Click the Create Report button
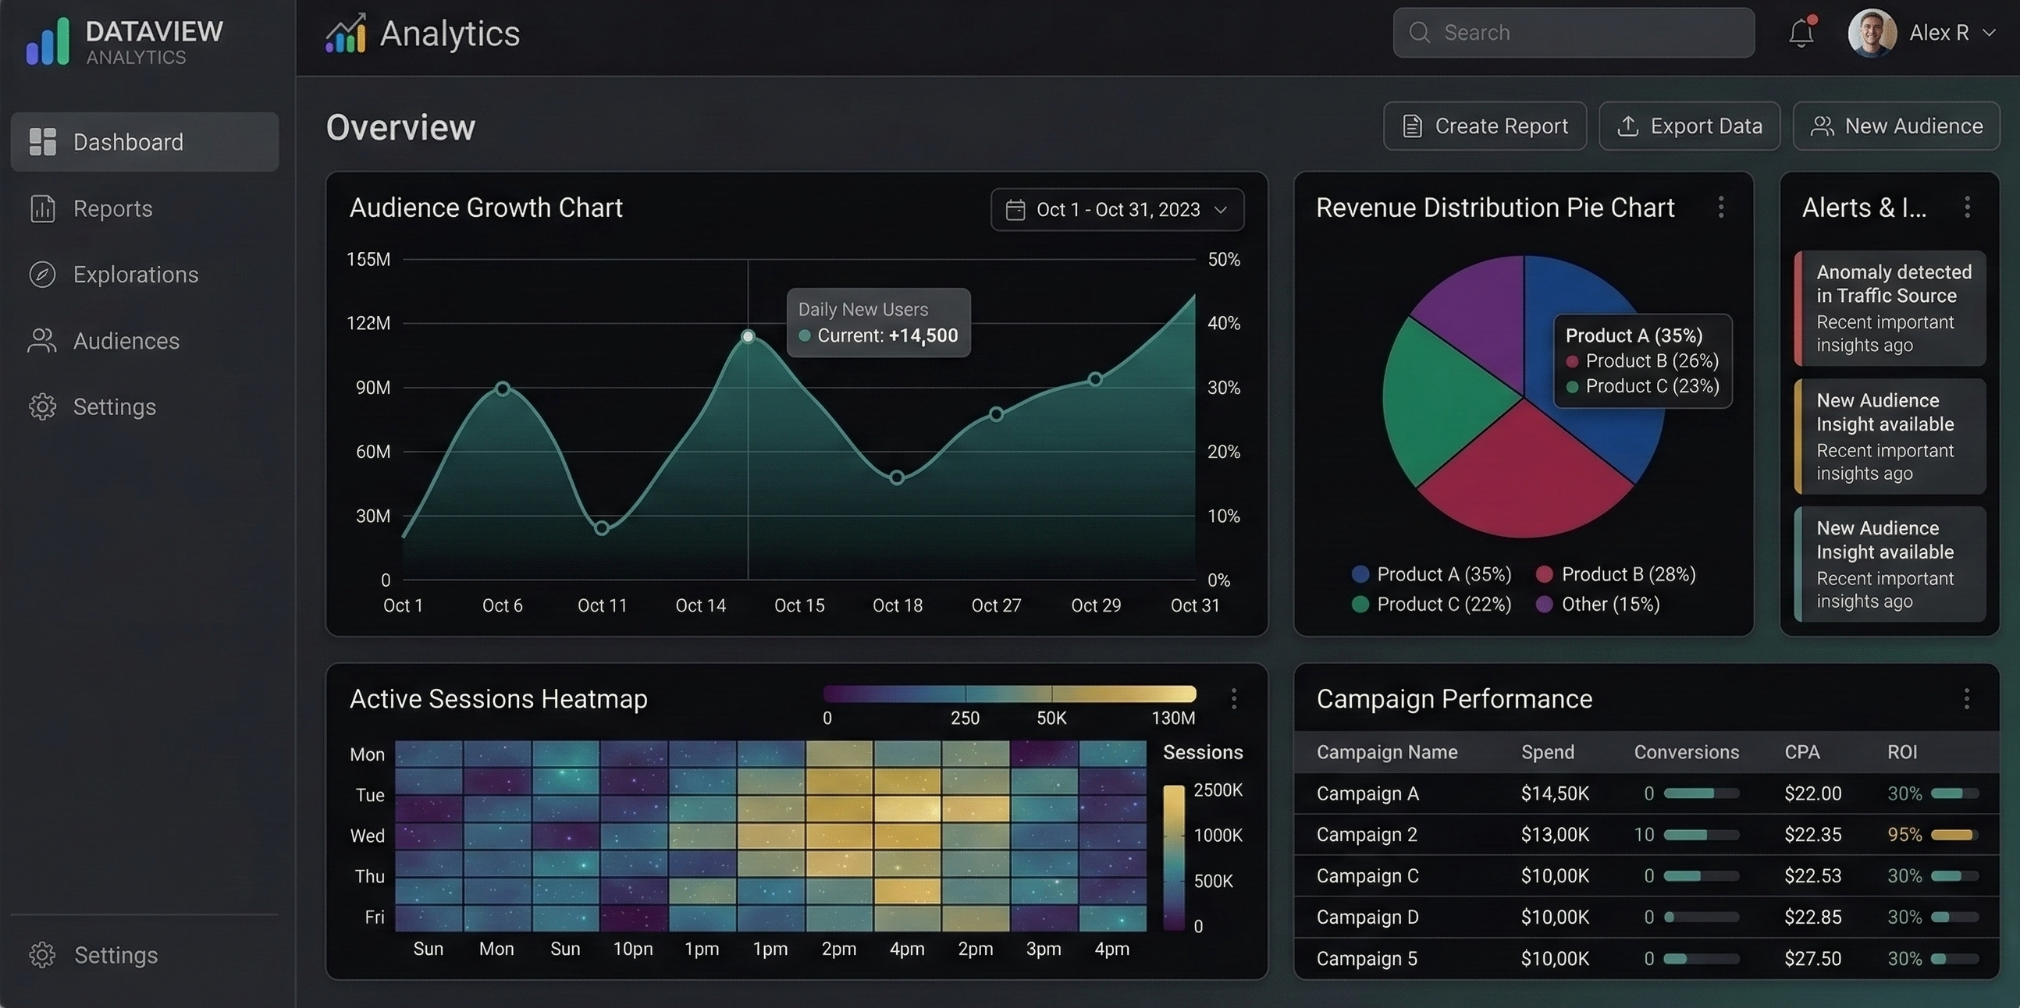1485,126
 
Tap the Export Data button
1689,126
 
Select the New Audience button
1895,126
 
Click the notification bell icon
1801,33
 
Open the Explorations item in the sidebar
135,275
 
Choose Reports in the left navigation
112,208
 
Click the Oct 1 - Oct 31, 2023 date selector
1117,209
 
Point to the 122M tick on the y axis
368,323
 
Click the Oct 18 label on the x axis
897,605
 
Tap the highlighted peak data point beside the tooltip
748,336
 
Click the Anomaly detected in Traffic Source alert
1890,308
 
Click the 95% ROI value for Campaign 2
1904,835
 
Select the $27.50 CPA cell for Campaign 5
1812,959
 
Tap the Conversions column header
1686,752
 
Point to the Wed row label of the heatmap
367,836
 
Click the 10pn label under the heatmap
632,949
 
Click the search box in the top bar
1573,33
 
